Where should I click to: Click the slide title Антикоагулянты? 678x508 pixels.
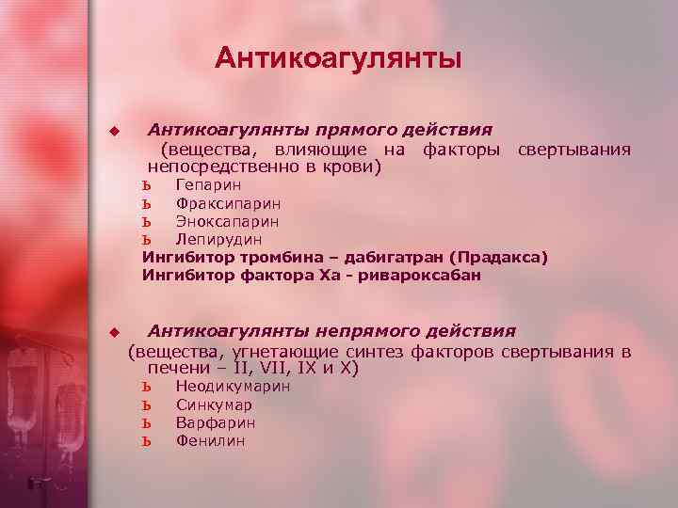tap(338, 58)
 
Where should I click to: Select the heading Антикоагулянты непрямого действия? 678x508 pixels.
tap(331, 330)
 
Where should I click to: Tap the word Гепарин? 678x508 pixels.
tap(208, 185)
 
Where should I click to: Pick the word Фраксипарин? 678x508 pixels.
tap(228, 203)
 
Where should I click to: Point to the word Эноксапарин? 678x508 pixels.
tap(227, 222)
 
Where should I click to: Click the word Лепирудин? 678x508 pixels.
tap(218, 240)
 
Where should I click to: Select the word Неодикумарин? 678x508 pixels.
tap(233, 387)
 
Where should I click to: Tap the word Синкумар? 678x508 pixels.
tap(214, 405)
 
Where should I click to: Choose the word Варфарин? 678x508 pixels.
tap(215, 422)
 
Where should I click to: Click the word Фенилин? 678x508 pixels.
tap(210, 440)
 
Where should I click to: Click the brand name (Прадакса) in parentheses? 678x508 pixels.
tap(497, 258)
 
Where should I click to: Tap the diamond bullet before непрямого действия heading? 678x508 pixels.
tap(114, 332)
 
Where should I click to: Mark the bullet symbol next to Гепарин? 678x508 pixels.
tap(146, 185)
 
